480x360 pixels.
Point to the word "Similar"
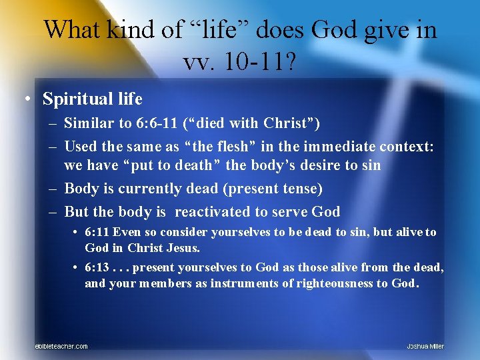point(87,123)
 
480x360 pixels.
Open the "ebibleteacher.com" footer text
point(61,346)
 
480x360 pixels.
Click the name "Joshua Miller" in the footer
point(425,346)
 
